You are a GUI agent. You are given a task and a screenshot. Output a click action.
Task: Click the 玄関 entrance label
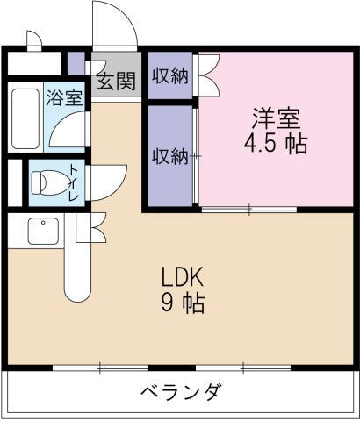[x=115, y=82]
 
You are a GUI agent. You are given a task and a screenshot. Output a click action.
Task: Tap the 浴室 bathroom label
[x=65, y=96]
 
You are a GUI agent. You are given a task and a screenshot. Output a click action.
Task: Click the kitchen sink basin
[x=40, y=232]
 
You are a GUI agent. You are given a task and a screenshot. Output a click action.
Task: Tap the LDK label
[x=183, y=279]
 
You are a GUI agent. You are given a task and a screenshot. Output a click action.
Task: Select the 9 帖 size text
[x=183, y=304]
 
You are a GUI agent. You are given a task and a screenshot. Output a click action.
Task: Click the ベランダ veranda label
[x=180, y=391]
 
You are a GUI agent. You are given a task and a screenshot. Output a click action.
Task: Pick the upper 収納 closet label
[x=169, y=75]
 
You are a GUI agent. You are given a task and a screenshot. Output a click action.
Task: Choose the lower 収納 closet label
[x=169, y=156]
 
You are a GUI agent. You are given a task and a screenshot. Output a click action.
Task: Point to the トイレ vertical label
[x=73, y=183]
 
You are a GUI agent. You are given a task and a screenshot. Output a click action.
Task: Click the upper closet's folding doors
[x=209, y=75]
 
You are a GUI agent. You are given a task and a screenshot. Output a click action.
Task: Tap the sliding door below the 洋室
[x=248, y=209]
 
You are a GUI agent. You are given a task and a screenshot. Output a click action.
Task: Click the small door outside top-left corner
[x=33, y=39]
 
